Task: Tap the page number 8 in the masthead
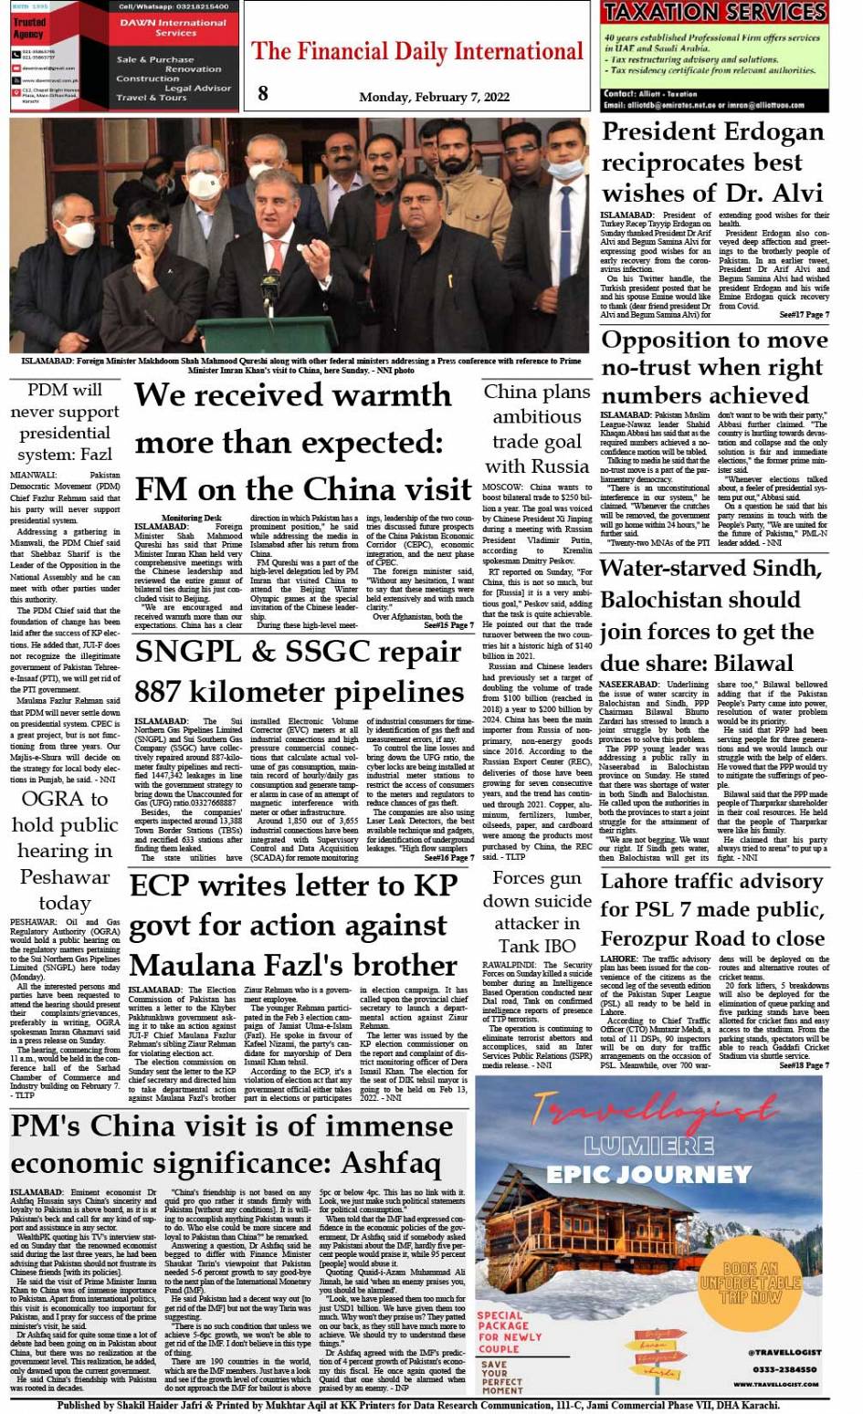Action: [x=263, y=93]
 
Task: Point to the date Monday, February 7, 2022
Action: [x=434, y=98]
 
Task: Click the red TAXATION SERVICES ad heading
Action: [x=715, y=12]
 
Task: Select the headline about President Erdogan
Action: [x=712, y=162]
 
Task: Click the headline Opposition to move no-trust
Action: [x=714, y=367]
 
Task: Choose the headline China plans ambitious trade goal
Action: [x=537, y=429]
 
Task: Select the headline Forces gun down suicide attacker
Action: [x=537, y=911]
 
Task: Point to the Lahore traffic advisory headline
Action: [x=712, y=910]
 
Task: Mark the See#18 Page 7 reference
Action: [x=805, y=1065]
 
